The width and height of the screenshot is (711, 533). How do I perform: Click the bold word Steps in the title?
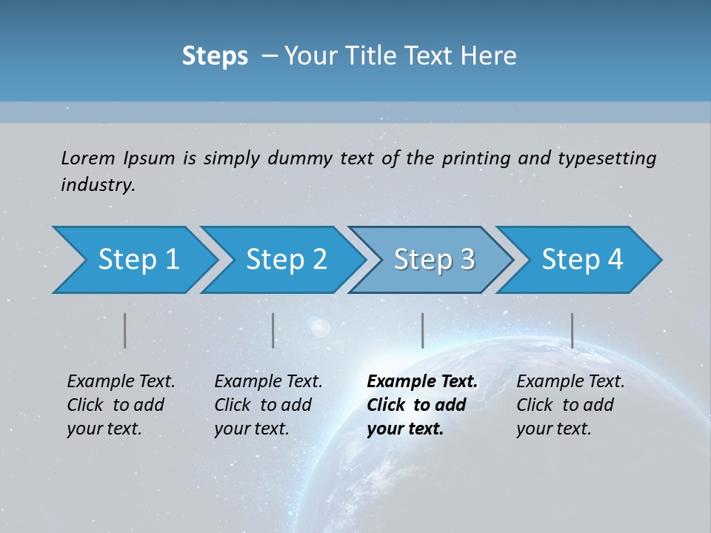215,56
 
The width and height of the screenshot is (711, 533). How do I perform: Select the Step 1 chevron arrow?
133,260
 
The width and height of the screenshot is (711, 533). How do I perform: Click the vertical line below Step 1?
125,330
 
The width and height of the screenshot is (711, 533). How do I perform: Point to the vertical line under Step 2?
273,330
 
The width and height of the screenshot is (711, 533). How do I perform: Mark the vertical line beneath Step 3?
423,330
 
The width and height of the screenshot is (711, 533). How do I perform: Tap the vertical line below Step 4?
573,330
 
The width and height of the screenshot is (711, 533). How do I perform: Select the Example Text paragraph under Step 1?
121,405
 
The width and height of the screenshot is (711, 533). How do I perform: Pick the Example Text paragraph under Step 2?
268,405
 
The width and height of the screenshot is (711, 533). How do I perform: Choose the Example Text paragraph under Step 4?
570,405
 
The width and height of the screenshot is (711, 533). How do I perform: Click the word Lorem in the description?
87,158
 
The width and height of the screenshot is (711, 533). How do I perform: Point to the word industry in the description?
97,185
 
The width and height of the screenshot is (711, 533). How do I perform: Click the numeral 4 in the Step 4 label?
614,260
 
